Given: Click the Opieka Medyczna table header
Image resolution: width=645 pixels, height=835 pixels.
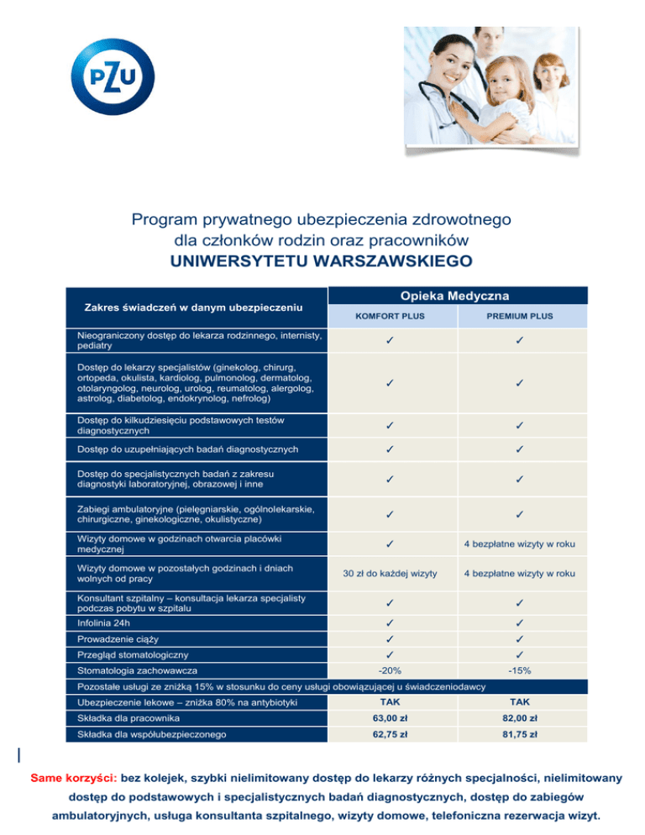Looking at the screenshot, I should click(455, 295).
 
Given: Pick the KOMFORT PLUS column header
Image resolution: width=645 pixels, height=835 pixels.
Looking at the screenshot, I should click(389, 317).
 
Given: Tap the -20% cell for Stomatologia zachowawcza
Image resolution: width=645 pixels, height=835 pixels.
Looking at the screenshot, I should click(389, 670).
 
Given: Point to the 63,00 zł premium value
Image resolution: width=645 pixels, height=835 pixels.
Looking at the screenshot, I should click(389, 717).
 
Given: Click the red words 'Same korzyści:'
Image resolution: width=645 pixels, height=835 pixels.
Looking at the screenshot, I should click(70, 778).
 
